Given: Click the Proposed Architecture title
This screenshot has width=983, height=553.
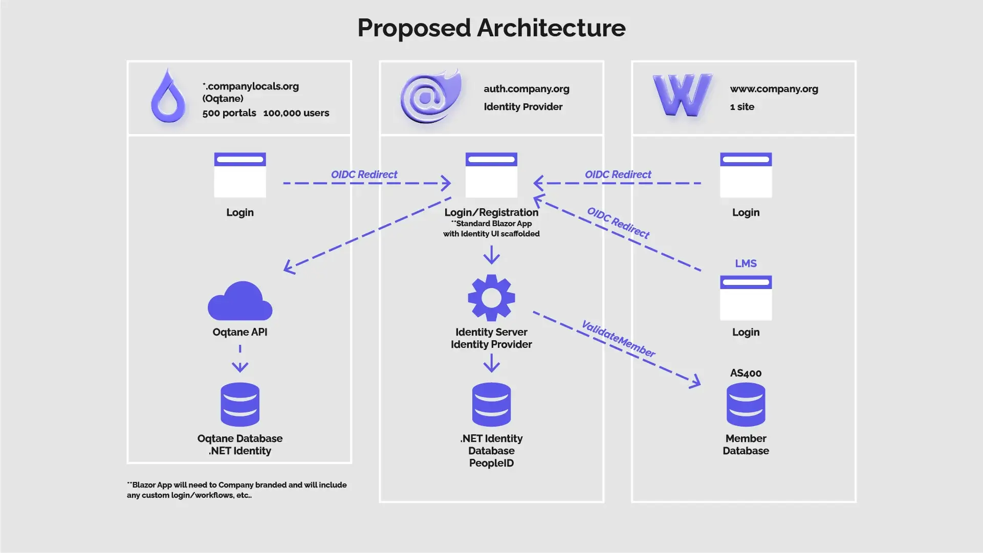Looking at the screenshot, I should coord(491,28).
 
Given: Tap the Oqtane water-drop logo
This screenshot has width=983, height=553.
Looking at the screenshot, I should coord(168,97).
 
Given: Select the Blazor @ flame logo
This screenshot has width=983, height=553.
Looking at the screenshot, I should coord(430,97).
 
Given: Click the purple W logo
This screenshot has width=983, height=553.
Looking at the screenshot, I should coord(682,95).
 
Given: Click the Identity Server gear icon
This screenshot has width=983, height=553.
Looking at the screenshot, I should coord(491,298).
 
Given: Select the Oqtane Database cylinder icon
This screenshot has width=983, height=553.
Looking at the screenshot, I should coord(240,404).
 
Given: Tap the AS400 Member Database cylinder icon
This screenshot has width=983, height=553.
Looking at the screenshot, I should coord(746,404).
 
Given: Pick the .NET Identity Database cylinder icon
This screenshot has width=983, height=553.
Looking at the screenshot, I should coord(491,404).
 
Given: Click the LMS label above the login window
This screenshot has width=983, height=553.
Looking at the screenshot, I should coord(746,263).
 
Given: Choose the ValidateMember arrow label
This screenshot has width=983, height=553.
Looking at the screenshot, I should coord(618,339).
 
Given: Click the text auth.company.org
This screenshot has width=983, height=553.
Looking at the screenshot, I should coord(527,89).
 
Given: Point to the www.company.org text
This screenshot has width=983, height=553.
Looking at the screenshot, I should coord(774,89).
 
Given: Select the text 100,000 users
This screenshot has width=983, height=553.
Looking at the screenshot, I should coord(296,113).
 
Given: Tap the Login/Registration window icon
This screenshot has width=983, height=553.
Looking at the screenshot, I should coord(491,175).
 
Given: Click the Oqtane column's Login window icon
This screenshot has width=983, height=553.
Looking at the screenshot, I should coord(240,175).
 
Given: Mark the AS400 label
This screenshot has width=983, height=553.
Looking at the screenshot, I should coord(746,373).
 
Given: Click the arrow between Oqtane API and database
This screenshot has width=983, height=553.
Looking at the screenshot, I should coord(240,359).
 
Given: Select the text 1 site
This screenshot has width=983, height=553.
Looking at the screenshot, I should coord(742,107).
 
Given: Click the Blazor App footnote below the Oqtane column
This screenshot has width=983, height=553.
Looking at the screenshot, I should coord(236,490).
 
